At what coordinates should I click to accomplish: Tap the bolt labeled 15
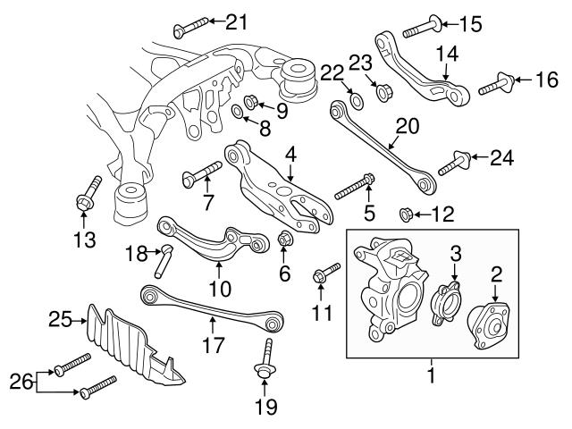coord(421,28)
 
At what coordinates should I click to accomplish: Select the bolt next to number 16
coord(497,87)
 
